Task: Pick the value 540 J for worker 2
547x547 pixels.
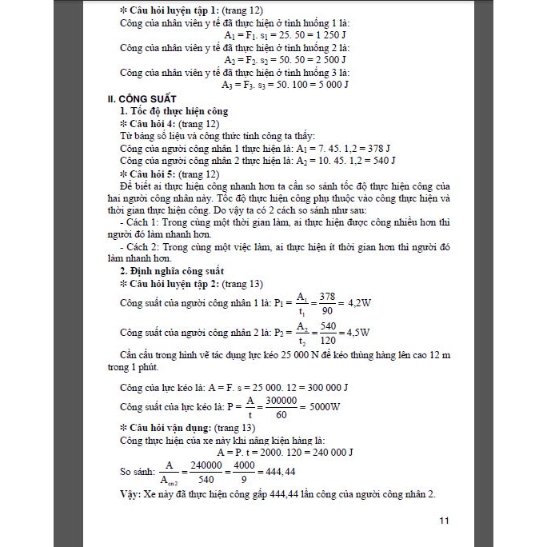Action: (379, 161)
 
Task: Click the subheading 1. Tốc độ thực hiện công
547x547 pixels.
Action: (174, 111)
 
